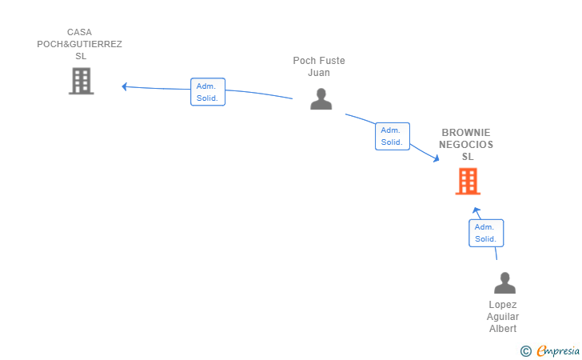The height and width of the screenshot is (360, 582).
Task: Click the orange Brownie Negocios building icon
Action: (468, 182)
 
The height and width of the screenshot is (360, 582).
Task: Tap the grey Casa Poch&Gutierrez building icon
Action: (82, 81)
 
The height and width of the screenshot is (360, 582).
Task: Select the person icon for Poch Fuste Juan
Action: (321, 99)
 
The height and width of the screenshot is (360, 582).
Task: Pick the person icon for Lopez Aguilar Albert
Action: (504, 282)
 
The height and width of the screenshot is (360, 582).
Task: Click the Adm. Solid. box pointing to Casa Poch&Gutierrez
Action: (208, 92)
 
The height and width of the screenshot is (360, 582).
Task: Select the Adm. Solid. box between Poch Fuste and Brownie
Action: (393, 136)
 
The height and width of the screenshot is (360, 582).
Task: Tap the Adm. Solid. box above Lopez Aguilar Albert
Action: (486, 233)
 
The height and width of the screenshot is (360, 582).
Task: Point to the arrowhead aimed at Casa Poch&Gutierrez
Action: (125, 86)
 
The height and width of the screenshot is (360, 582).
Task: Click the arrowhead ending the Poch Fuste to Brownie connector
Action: (436, 158)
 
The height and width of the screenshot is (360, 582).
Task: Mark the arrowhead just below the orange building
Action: (476, 210)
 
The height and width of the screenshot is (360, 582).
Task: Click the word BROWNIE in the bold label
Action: (466, 133)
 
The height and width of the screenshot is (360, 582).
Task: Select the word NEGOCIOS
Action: (466, 145)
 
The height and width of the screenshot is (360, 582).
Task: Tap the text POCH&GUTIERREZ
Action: (79, 44)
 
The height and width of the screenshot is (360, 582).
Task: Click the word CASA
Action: (79, 32)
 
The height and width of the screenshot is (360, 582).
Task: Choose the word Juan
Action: (319, 73)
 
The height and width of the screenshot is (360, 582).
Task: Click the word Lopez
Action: (503, 305)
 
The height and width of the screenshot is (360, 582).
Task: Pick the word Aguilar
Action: (503, 317)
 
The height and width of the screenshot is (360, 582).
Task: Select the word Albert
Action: (503, 329)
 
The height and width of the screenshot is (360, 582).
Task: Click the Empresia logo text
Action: (558, 350)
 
